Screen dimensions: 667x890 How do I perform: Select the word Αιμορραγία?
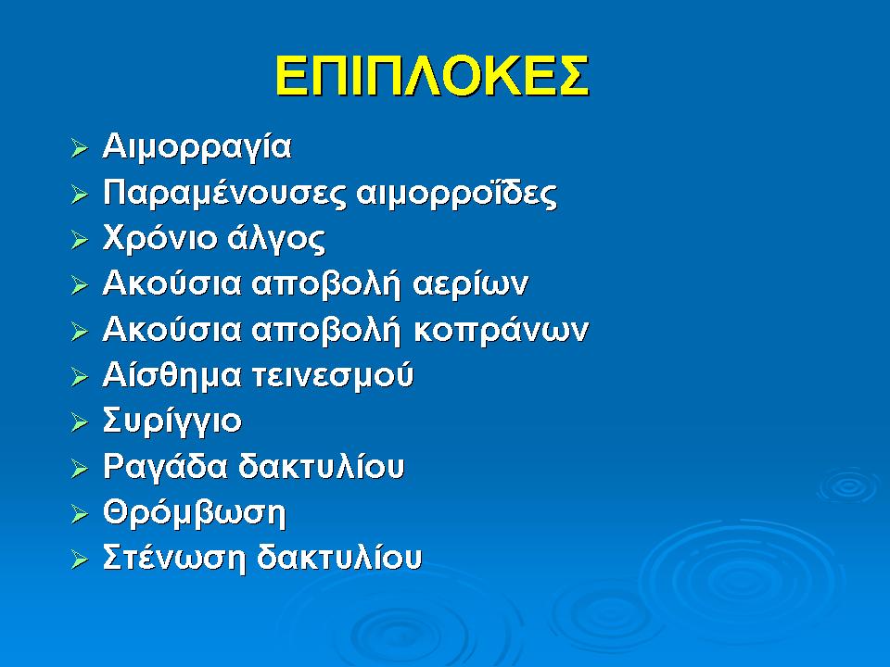coord(197,148)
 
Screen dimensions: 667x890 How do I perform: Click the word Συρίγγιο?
coord(172,422)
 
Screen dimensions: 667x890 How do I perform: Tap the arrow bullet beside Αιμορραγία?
coord(81,148)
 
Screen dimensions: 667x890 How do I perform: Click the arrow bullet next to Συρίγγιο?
coord(81,422)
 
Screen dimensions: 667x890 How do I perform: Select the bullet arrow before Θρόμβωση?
coord(81,513)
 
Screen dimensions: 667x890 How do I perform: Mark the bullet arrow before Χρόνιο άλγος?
coord(81,240)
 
